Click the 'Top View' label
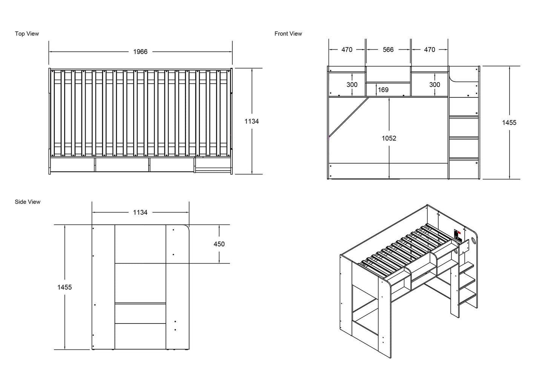pyautogui.click(x=27, y=34)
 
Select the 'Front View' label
pyautogui.click(x=288, y=34)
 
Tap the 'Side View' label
pyautogui.click(x=28, y=202)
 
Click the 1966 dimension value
pyautogui.click(x=140, y=52)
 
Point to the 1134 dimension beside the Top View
pyautogui.click(x=252, y=121)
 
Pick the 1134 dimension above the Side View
pyautogui.click(x=140, y=213)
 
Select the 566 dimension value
pyautogui.click(x=388, y=49)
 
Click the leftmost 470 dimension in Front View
pyautogui.click(x=347, y=49)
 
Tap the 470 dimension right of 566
pyautogui.click(x=430, y=49)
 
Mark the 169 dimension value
pyautogui.click(x=383, y=90)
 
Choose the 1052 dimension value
pyautogui.click(x=389, y=138)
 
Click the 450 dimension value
pyautogui.click(x=219, y=244)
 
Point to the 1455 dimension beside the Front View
pyautogui.click(x=509, y=122)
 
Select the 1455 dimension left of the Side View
pyautogui.click(x=64, y=287)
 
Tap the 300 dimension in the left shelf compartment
pyautogui.click(x=352, y=85)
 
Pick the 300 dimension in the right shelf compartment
pyautogui.click(x=434, y=85)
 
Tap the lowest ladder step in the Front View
pyautogui.click(x=463, y=158)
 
